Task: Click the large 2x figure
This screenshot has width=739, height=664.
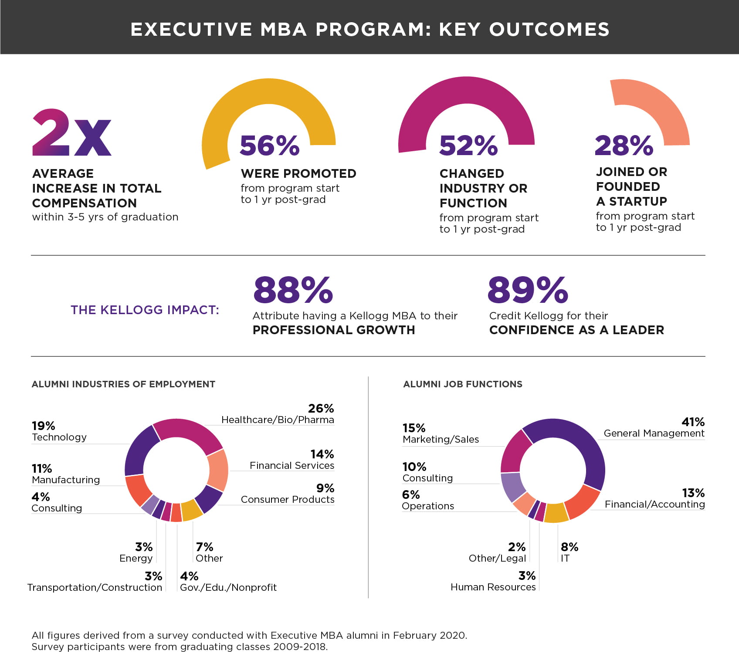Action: pos(72,133)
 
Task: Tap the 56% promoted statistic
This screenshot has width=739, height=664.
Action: pos(269,146)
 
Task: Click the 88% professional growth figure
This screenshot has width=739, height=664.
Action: pos(293,290)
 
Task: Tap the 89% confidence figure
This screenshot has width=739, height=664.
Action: pos(528,290)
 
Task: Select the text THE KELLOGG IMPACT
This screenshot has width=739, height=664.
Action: pos(145,310)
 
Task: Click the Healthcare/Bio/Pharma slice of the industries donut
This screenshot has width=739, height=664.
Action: pos(192,434)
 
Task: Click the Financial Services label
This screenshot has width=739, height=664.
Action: pos(292,465)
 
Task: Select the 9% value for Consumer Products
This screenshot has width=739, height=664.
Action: pos(325,488)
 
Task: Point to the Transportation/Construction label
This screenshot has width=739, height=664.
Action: pos(95,587)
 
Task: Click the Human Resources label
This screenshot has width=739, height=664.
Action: pos(493,587)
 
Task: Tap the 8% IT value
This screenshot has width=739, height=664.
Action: pos(569,547)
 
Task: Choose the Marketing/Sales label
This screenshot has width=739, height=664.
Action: pos(441,439)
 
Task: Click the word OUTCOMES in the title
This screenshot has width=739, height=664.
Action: pos(549,29)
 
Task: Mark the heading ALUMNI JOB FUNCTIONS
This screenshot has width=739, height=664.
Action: pos(462,384)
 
